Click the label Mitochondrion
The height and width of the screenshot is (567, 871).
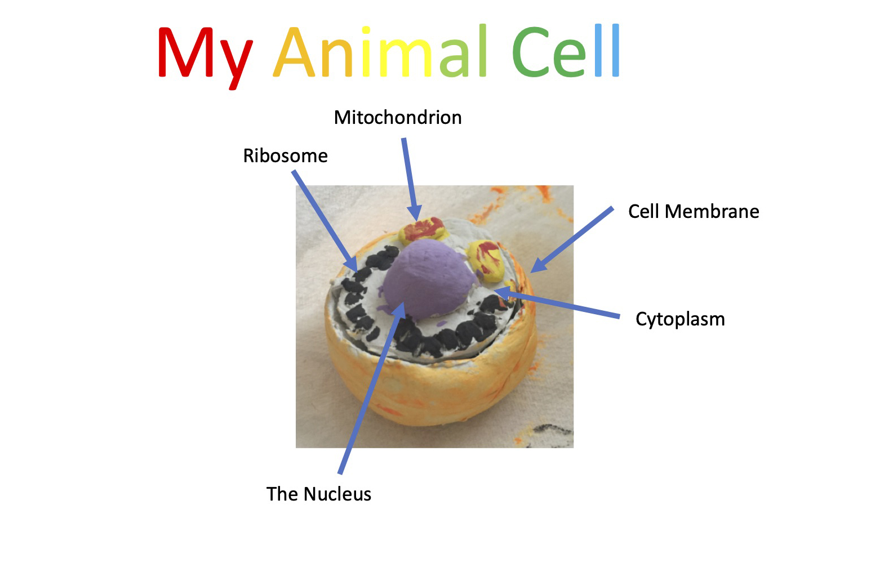pyautogui.click(x=398, y=117)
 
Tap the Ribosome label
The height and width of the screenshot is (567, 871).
pyautogui.click(x=286, y=156)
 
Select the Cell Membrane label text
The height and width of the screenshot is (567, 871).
pyautogui.click(x=694, y=212)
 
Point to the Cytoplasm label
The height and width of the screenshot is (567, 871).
pyautogui.click(x=680, y=320)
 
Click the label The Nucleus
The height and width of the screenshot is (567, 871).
pyautogui.click(x=319, y=494)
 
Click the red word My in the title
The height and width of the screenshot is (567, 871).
pyautogui.click(x=205, y=57)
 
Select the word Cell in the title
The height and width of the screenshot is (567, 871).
pyautogui.click(x=566, y=51)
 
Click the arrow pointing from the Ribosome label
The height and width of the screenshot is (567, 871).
pyautogui.click(x=325, y=221)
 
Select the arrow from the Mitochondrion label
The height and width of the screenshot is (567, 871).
pyautogui.click(x=410, y=179)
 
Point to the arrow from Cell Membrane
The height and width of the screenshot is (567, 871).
pyautogui.click(x=572, y=239)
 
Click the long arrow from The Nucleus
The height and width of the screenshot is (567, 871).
pyautogui.click(x=372, y=389)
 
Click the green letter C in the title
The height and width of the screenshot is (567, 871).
pyautogui.click(x=531, y=52)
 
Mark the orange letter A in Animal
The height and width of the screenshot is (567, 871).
pyautogui.click(x=294, y=52)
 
